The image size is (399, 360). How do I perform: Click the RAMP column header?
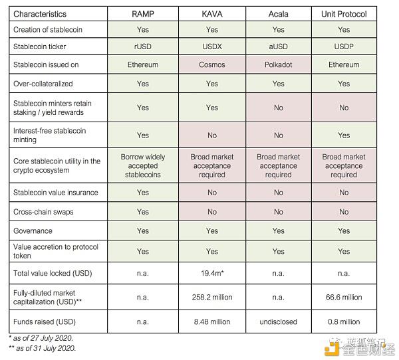tap(142, 14)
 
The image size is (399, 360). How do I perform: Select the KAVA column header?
tap(212, 14)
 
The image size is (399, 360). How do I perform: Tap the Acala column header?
tap(278, 14)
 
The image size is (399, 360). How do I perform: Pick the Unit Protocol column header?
tap(344, 14)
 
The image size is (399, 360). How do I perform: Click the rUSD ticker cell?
tap(142, 47)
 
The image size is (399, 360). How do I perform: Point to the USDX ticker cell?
tap(212, 47)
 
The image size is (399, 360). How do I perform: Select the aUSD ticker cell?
tap(278, 47)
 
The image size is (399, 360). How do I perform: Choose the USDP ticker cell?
tap(344, 47)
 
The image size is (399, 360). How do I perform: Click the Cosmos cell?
tap(212, 65)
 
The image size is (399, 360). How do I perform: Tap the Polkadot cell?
tap(278, 65)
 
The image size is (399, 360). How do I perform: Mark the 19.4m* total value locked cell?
tap(212, 272)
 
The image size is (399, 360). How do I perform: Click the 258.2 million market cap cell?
tap(212, 297)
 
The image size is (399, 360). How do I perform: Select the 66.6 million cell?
tap(344, 297)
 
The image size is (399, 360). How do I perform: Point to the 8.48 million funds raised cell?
tap(212, 321)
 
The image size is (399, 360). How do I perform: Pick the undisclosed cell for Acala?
tap(278, 321)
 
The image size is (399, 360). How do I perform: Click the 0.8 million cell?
tap(344, 321)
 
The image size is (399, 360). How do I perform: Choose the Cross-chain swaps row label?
tap(44, 212)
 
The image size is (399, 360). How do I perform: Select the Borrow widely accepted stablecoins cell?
tap(142, 166)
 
